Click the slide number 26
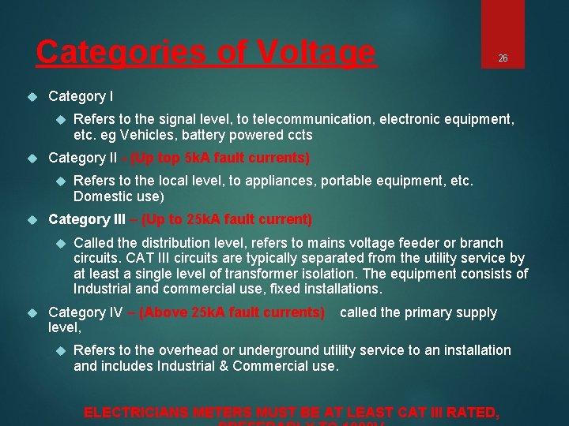(x=502, y=58)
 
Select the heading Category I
(x=81, y=96)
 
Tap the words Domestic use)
(x=119, y=196)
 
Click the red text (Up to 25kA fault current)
(x=226, y=219)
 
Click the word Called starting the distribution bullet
(x=92, y=243)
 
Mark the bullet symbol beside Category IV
(x=32, y=312)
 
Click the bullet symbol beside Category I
(x=32, y=96)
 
